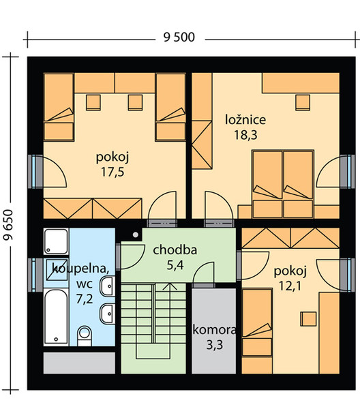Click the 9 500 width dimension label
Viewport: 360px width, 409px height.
(x=179, y=37)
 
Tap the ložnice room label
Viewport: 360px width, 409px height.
(x=245, y=120)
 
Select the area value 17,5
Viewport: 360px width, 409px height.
(x=112, y=172)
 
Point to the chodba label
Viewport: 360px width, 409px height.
(x=175, y=250)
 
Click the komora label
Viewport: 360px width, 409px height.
(x=215, y=330)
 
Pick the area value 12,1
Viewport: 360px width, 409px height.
(x=290, y=286)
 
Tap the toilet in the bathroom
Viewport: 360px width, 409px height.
(x=85, y=336)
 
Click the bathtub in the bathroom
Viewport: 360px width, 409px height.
(x=56, y=317)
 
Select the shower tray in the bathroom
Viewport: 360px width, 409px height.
(x=56, y=241)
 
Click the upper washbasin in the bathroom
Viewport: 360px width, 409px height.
(x=107, y=286)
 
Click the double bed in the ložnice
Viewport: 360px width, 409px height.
(x=283, y=184)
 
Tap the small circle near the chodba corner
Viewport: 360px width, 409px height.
(x=136, y=234)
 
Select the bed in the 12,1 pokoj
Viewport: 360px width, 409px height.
(x=257, y=322)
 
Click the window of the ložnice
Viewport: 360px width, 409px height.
(x=348, y=171)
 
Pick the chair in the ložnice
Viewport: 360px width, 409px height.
(x=303, y=102)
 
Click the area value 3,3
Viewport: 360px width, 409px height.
(x=215, y=345)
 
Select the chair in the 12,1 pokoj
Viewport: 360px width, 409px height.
(x=308, y=319)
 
